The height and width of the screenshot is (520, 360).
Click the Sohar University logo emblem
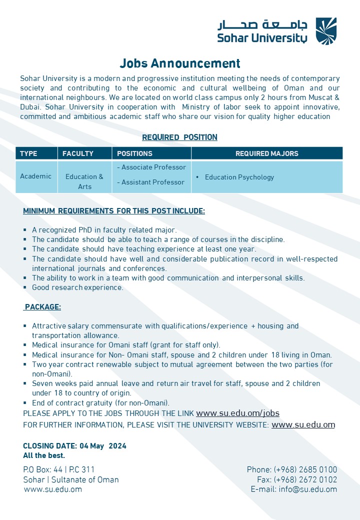click(326, 31)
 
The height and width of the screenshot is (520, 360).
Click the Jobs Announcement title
click(180, 63)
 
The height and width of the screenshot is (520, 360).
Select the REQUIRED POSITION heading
click(179, 137)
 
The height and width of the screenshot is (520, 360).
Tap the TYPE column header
click(29, 153)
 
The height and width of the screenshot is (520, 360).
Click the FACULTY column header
click(78, 153)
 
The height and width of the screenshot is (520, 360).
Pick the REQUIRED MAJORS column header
click(267, 153)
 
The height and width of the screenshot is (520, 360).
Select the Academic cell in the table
click(35, 176)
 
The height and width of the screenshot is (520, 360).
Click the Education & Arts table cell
click(84, 181)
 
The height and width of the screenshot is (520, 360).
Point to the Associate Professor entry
click(151, 167)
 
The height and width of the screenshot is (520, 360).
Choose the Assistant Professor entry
click(150, 182)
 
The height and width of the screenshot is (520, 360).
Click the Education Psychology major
click(239, 177)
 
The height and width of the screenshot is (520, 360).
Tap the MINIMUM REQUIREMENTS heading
click(114, 211)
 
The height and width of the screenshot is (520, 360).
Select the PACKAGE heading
click(42, 307)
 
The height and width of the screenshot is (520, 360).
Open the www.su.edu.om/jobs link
click(237, 413)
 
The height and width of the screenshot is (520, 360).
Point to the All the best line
click(44, 455)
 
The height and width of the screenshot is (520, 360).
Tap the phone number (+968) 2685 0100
click(305, 470)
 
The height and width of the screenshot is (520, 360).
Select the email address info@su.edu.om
click(308, 489)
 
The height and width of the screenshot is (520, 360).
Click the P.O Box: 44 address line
click(59, 470)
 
